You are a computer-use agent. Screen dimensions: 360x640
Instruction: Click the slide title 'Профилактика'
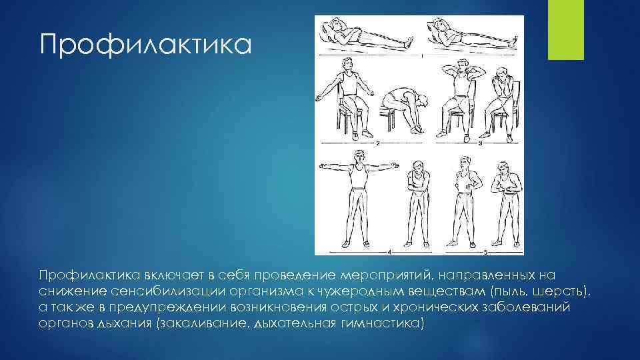point(145,46)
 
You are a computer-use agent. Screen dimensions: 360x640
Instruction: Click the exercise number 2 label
point(378,143)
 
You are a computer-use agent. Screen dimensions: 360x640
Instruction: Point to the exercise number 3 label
point(481,143)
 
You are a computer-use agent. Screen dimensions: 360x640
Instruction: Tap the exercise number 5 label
point(485,253)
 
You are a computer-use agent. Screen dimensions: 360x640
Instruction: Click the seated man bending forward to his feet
point(401,107)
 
